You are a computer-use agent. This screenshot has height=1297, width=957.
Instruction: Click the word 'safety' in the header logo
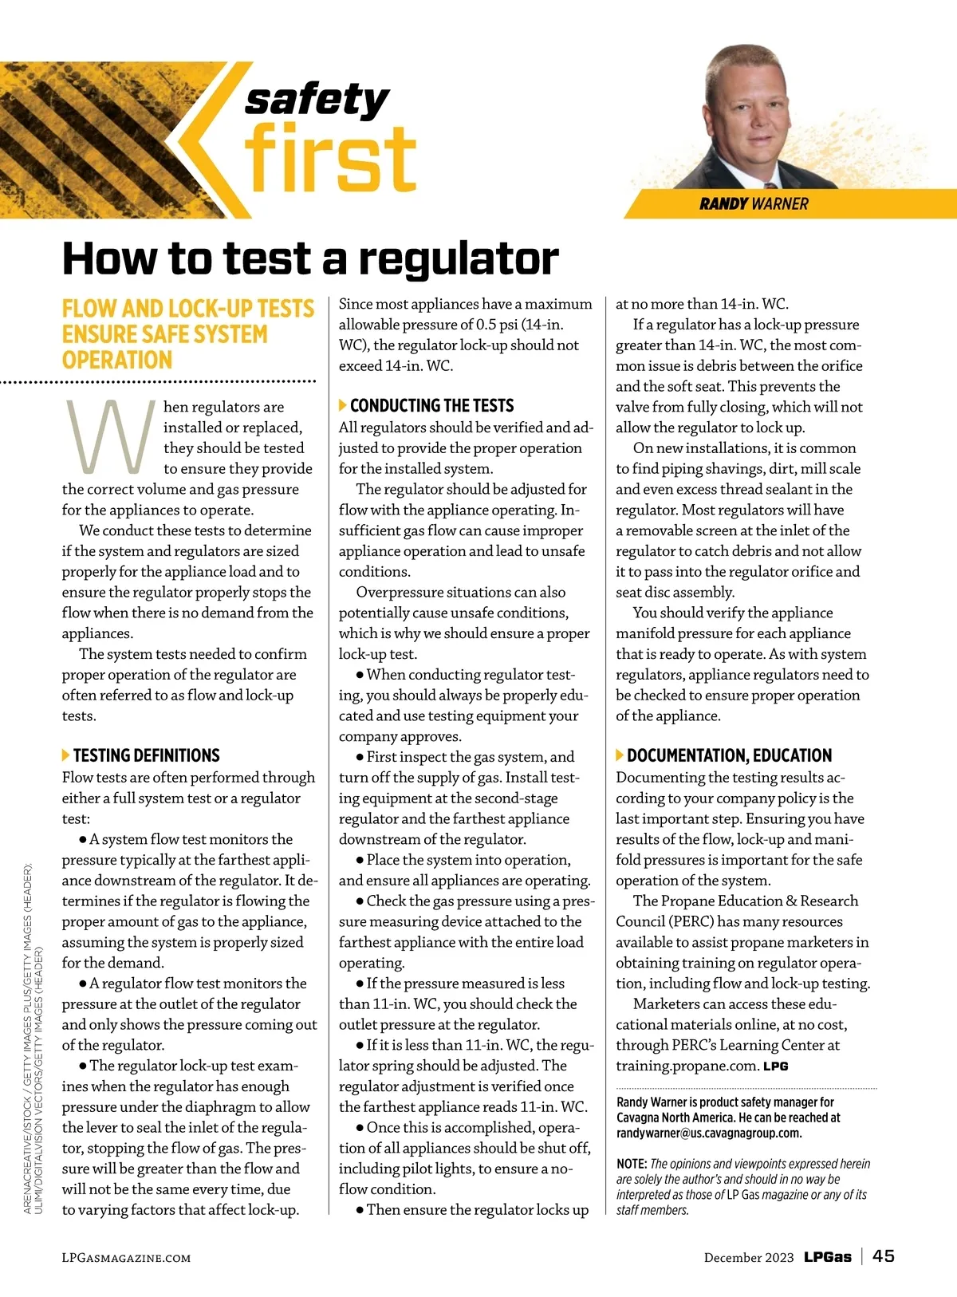pyautogui.click(x=317, y=100)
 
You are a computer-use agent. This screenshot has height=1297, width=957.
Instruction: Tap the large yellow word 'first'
pyautogui.click(x=330, y=159)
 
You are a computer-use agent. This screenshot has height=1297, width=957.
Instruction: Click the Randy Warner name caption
pyautogui.click(x=754, y=204)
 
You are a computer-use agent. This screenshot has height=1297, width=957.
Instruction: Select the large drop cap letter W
pyautogui.click(x=109, y=436)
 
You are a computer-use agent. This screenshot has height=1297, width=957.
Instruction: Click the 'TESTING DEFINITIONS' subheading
pyautogui.click(x=146, y=755)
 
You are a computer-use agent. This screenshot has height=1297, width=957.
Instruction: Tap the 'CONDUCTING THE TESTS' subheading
pyautogui.click(x=431, y=405)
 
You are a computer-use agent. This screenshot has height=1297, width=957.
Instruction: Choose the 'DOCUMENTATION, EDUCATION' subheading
pyautogui.click(x=729, y=755)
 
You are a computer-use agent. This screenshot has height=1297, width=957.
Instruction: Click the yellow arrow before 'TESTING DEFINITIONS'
pyautogui.click(x=66, y=755)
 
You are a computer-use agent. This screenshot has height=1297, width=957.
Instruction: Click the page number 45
pyautogui.click(x=884, y=1256)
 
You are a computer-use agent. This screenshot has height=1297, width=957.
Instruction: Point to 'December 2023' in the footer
pyautogui.click(x=749, y=1258)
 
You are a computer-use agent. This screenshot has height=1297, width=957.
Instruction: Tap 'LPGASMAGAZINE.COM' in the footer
pyautogui.click(x=127, y=1258)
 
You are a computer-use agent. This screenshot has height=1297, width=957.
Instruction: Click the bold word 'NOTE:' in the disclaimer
pyautogui.click(x=632, y=1165)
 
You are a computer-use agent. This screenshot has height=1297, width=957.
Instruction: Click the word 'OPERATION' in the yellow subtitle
pyautogui.click(x=117, y=361)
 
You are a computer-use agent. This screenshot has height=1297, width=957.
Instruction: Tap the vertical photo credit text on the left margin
pyautogui.click(x=33, y=1037)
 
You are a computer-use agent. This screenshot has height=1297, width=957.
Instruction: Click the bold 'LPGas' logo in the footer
pyautogui.click(x=827, y=1257)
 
